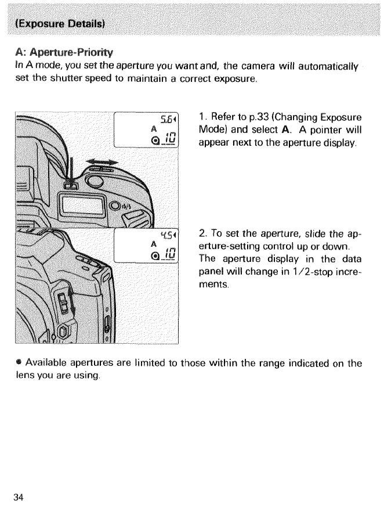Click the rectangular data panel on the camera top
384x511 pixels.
tap(82, 207)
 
